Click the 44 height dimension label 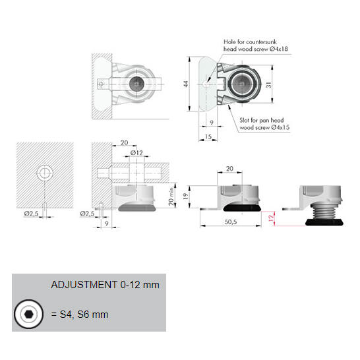pyautogui.click(x=186, y=84)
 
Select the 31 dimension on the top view pyautogui.click(x=268, y=84)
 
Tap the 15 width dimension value pyautogui.click(x=208, y=136)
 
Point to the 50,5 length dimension pyautogui.click(x=231, y=222)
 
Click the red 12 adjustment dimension pyautogui.click(x=271, y=218)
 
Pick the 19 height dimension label pyautogui.click(x=185, y=196)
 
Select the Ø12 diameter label pyautogui.click(x=136, y=153)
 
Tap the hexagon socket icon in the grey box pyautogui.click(x=29, y=314)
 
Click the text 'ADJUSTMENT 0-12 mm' pyautogui.click(x=105, y=285)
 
